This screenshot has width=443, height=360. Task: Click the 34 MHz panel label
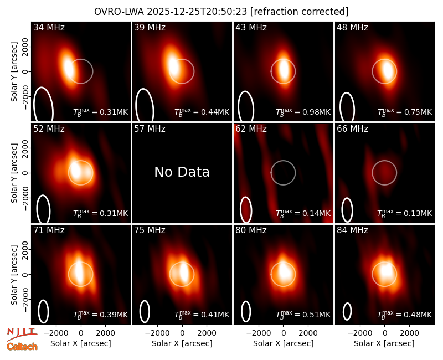(49, 27)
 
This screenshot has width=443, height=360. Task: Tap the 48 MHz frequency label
(352, 27)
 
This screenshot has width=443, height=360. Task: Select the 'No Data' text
(182, 172)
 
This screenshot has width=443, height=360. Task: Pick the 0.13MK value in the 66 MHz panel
(418, 213)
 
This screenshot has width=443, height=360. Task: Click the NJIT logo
(22, 334)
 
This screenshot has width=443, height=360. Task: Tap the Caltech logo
(22, 347)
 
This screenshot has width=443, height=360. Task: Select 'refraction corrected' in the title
(300, 12)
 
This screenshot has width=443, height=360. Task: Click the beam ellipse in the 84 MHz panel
(347, 311)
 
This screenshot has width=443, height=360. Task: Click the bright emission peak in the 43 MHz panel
(284, 70)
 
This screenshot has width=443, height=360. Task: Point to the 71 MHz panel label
(49, 230)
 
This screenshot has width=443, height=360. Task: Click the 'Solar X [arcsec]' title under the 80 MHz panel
(284, 343)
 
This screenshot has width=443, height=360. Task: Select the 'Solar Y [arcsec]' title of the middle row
(14, 173)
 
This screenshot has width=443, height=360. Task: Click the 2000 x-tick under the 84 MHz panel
(409, 333)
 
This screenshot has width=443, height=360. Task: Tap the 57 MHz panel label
(150, 129)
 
